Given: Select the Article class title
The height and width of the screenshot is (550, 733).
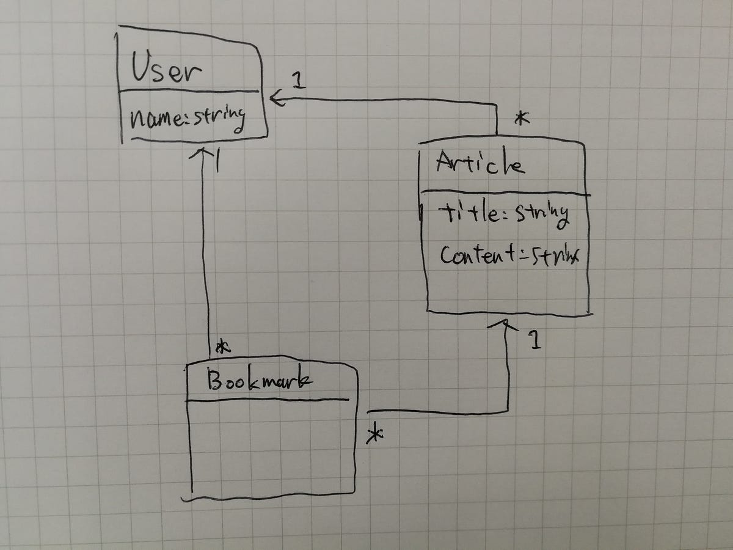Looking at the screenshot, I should pyautogui.click(x=480, y=163).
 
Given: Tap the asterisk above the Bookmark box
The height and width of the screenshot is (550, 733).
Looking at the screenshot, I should pyautogui.click(x=224, y=348).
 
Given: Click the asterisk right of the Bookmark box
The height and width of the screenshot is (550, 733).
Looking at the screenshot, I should pyautogui.click(x=374, y=435).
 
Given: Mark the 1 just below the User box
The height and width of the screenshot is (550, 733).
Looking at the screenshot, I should pyautogui.click(x=217, y=162).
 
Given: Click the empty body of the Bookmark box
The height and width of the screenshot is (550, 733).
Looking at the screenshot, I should pyautogui.click(x=272, y=446).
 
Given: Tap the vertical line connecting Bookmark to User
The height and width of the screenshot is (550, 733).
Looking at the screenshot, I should pyautogui.click(x=205, y=257).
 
